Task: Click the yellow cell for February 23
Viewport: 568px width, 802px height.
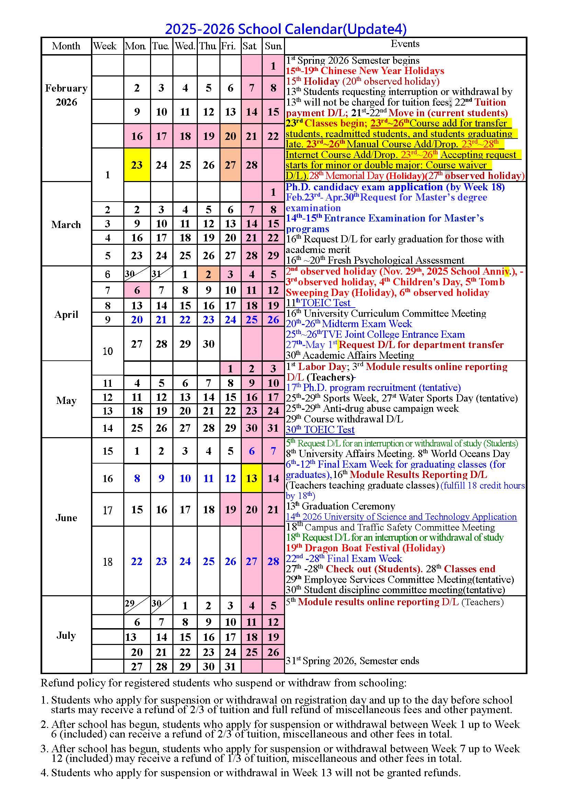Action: (137, 165)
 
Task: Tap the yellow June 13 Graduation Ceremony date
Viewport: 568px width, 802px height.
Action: (251, 478)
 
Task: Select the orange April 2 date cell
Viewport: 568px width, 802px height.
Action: (208, 274)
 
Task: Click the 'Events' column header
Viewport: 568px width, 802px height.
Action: (405, 44)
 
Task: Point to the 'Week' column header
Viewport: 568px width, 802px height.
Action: (105, 46)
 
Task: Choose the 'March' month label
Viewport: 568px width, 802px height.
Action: (66, 225)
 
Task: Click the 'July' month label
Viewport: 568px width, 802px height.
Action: (66, 635)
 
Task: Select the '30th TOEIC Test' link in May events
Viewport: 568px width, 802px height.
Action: (320, 430)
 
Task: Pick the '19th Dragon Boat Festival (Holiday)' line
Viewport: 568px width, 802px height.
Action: (365, 548)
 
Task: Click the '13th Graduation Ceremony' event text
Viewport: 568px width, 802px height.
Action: (341, 506)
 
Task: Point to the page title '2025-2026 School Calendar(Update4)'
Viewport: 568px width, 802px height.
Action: (286, 29)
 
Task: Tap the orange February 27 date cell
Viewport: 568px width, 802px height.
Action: (230, 165)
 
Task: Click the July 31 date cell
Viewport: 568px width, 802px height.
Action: (230, 667)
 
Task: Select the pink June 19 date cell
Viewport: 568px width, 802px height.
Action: (230, 510)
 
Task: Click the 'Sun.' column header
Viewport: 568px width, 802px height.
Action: (273, 46)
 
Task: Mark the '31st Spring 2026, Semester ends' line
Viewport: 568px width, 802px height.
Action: (353, 661)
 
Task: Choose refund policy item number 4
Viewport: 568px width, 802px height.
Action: (250, 773)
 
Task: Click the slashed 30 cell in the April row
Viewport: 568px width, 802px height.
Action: (137, 274)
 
